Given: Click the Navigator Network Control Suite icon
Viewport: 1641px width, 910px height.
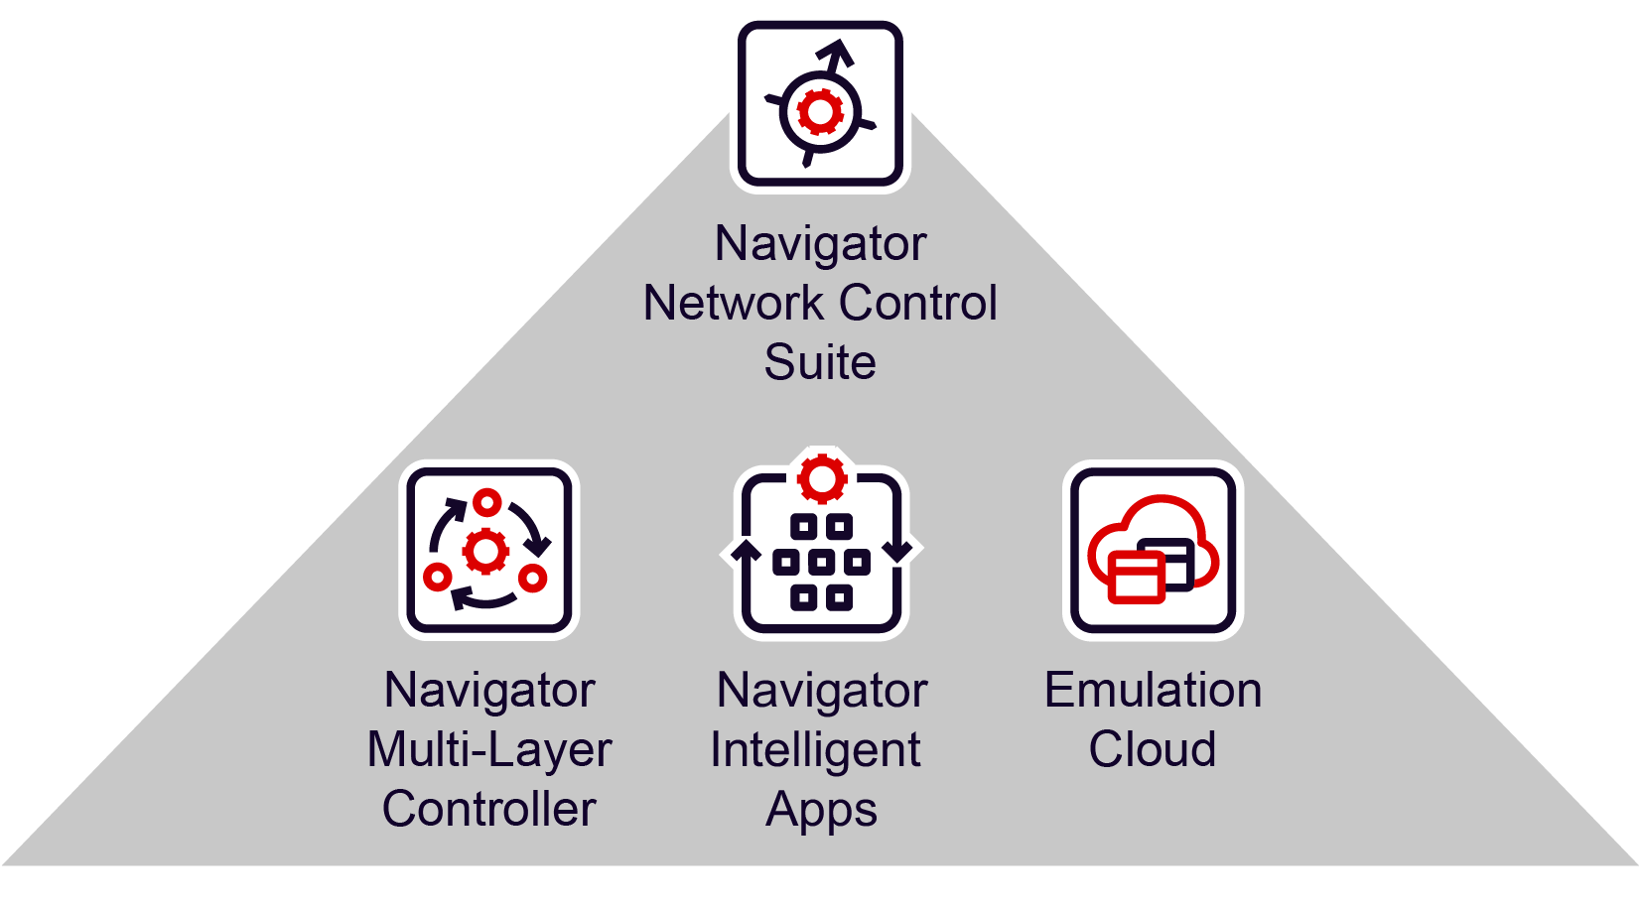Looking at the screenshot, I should coord(820,104).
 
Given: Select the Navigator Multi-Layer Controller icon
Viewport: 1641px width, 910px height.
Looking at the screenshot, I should coord(488,550).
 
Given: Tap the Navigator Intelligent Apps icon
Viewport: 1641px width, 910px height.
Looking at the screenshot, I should coord(821,550).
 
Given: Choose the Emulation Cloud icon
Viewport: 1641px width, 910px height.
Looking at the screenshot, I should coord(1153,550).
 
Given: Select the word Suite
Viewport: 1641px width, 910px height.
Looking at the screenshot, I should coord(820,362).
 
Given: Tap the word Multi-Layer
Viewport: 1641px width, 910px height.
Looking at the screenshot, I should coord(488,750).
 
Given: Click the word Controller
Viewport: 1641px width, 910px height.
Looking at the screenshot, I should coord(488,809).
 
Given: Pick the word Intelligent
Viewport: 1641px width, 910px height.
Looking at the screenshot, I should coord(815,750).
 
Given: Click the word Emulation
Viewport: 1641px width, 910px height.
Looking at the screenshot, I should coord(1153,690).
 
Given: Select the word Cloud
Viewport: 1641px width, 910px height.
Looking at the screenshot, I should coord(1152,749).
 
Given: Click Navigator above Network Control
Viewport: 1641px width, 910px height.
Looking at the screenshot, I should coord(820,244).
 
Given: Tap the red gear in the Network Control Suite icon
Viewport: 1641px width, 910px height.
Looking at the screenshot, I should coord(820,112).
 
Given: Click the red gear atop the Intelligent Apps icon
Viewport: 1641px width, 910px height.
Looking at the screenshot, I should coord(822,479).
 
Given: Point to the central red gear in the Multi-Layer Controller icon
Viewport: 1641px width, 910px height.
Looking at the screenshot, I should coord(486,551).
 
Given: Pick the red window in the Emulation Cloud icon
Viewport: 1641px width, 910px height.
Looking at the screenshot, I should coord(1136,578).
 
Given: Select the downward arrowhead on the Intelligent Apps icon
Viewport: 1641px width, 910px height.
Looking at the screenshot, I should coord(898,551).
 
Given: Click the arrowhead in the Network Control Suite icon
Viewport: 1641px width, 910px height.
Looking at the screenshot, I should coord(839,52).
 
